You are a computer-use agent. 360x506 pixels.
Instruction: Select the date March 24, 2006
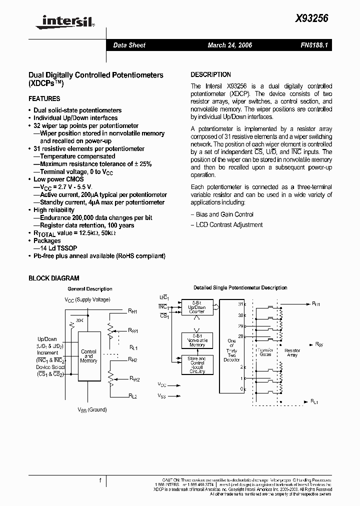point(230,45)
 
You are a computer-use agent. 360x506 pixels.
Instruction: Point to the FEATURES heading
point(44,99)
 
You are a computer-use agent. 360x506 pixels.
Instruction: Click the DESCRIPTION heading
point(210,74)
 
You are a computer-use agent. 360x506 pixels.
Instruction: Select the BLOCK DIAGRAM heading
point(54,278)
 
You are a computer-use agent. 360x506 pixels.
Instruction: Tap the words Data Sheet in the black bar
point(129,45)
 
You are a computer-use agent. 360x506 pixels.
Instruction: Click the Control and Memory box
point(88,356)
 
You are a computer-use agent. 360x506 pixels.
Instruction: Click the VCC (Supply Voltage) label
point(87,299)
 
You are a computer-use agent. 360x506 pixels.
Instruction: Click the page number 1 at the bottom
point(100,481)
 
